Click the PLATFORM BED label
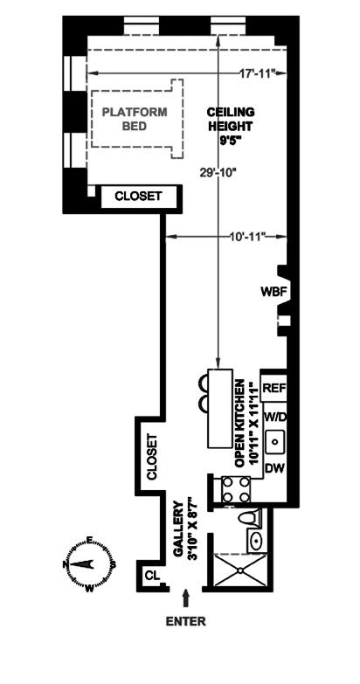click(135, 119)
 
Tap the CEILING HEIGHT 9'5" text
click(231, 126)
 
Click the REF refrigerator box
click(273, 387)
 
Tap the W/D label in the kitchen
click(276, 417)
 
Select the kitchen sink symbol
click(276, 442)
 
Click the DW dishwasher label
click(275, 468)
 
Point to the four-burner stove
click(236, 489)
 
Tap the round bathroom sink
click(256, 540)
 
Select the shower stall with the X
click(239, 570)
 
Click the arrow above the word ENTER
click(186, 598)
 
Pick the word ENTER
click(186, 621)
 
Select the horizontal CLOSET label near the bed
click(138, 197)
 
